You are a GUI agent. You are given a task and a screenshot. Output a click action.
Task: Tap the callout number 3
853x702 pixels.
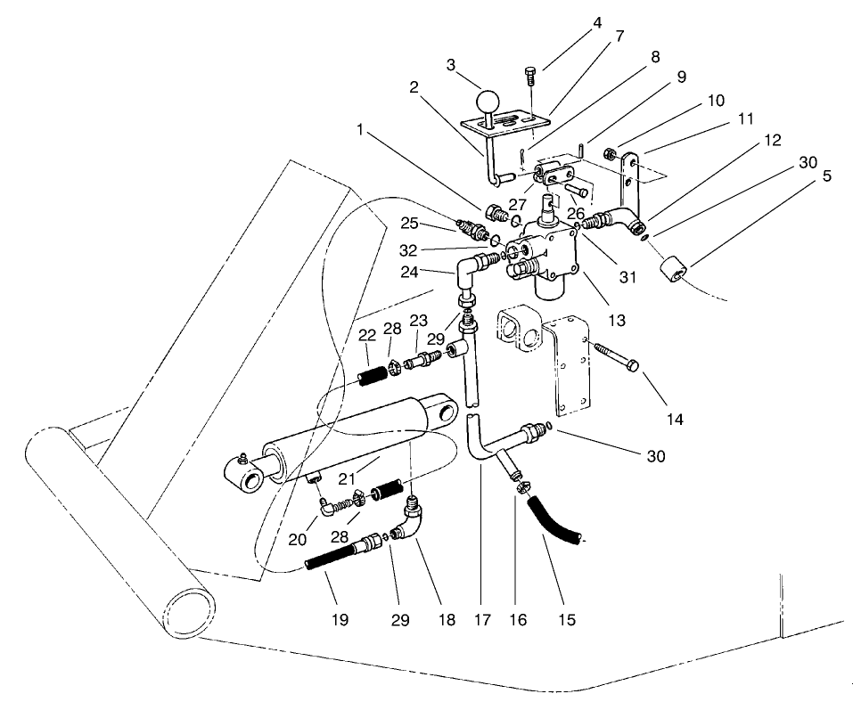click(451, 65)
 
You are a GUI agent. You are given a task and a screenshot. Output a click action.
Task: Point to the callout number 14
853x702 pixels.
click(675, 419)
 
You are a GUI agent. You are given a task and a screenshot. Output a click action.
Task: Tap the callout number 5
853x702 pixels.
click(828, 176)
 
